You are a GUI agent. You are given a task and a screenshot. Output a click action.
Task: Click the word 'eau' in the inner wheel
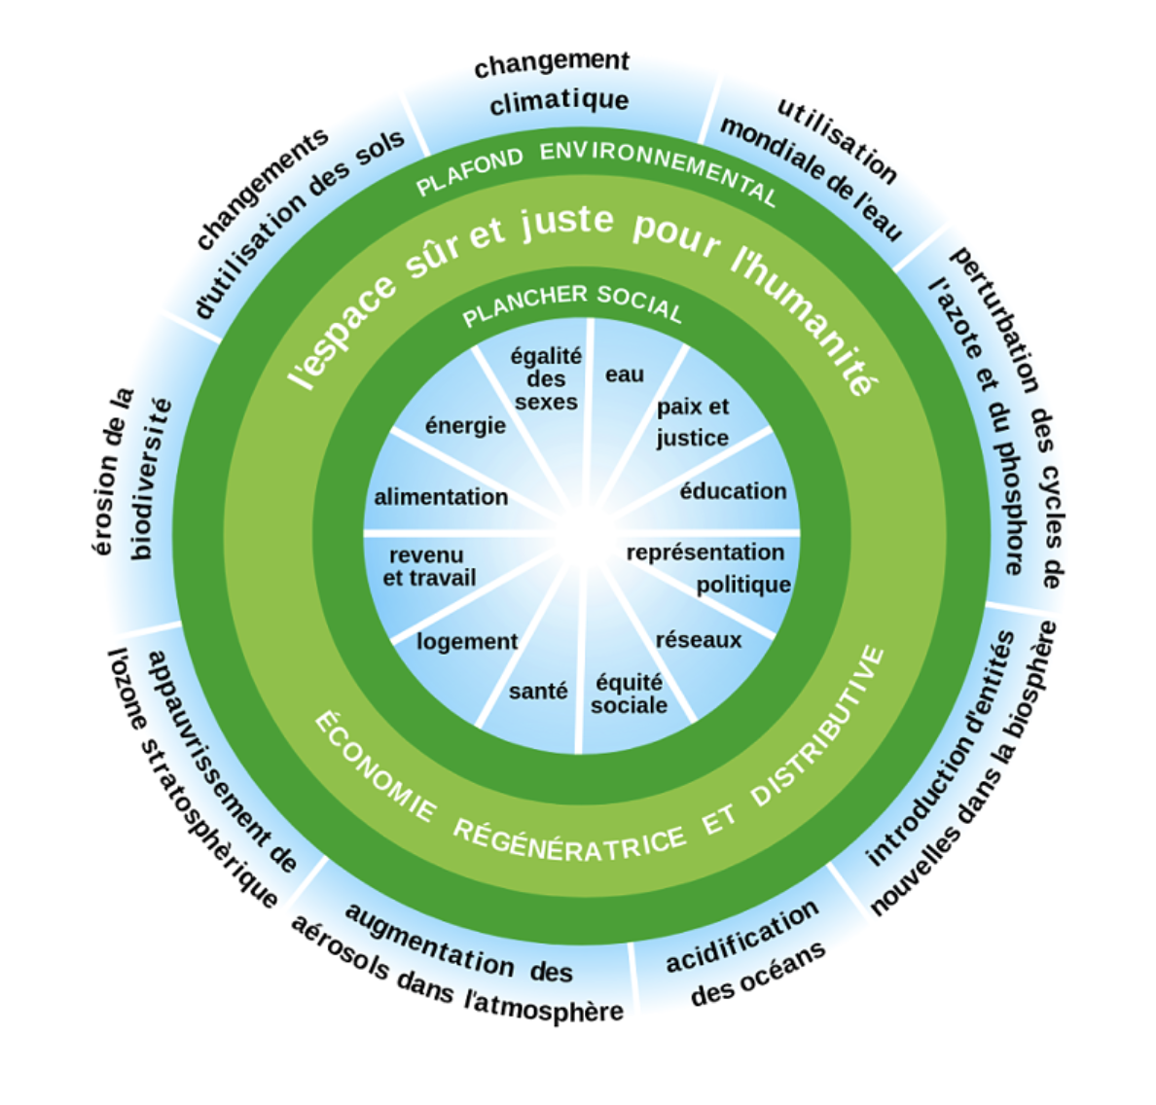(x=624, y=374)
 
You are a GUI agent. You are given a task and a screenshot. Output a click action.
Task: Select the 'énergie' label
(x=465, y=426)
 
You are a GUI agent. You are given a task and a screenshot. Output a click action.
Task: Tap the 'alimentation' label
(x=441, y=497)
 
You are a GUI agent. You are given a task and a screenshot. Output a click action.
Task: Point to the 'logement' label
(x=467, y=642)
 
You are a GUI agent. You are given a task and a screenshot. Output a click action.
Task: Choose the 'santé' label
(x=538, y=692)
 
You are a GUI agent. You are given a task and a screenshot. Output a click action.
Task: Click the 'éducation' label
(x=733, y=491)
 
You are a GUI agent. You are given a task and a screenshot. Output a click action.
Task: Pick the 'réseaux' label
(x=699, y=640)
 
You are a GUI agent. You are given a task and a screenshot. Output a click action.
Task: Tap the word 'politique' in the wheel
(x=743, y=585)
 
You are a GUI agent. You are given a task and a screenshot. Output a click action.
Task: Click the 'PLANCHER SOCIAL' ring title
(x=572, y=303)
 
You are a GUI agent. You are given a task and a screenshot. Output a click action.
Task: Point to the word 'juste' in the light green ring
(x=567, y=222)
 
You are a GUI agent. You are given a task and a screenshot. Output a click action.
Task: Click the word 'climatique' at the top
(x=559, y=100)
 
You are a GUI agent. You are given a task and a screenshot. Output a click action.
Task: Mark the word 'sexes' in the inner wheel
(x=546, y=403)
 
